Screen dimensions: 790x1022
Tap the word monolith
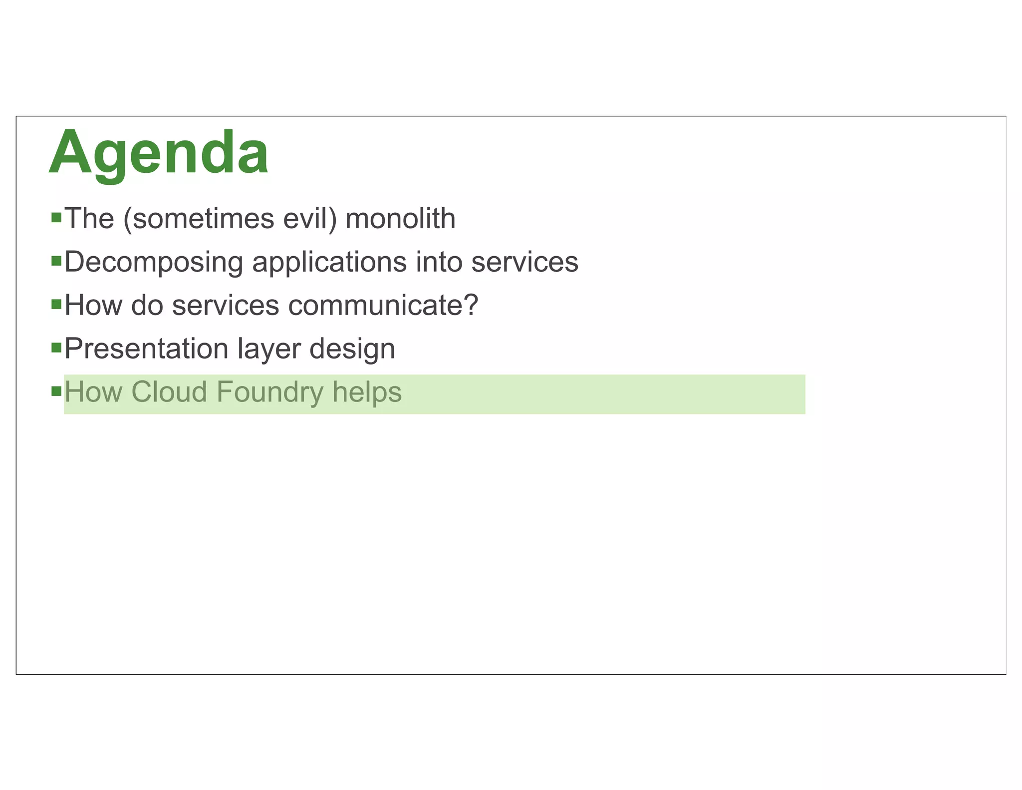click(x=400, y=219)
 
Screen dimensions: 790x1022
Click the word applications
click(x=329, y=262)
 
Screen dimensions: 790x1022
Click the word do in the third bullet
click(x=147, y=305)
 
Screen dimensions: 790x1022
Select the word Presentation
click(x=146, y=349)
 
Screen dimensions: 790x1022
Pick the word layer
click(x=269, y=349)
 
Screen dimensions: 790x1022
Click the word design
click(x=352, y=349)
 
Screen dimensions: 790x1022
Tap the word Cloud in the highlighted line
click(x=169, y=392)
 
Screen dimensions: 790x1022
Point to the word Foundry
click(x=270, y=392)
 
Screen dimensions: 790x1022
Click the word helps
click(x=367, y=392)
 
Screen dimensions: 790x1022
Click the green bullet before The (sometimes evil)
click(x=56, y=218)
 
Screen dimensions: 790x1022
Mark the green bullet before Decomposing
click(x=56, y=261)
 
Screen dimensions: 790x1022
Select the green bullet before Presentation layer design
click(x=56, y=347)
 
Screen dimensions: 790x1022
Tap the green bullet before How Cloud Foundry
click(x=56, y=391)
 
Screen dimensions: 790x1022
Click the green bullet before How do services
click(x=56, y=304)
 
